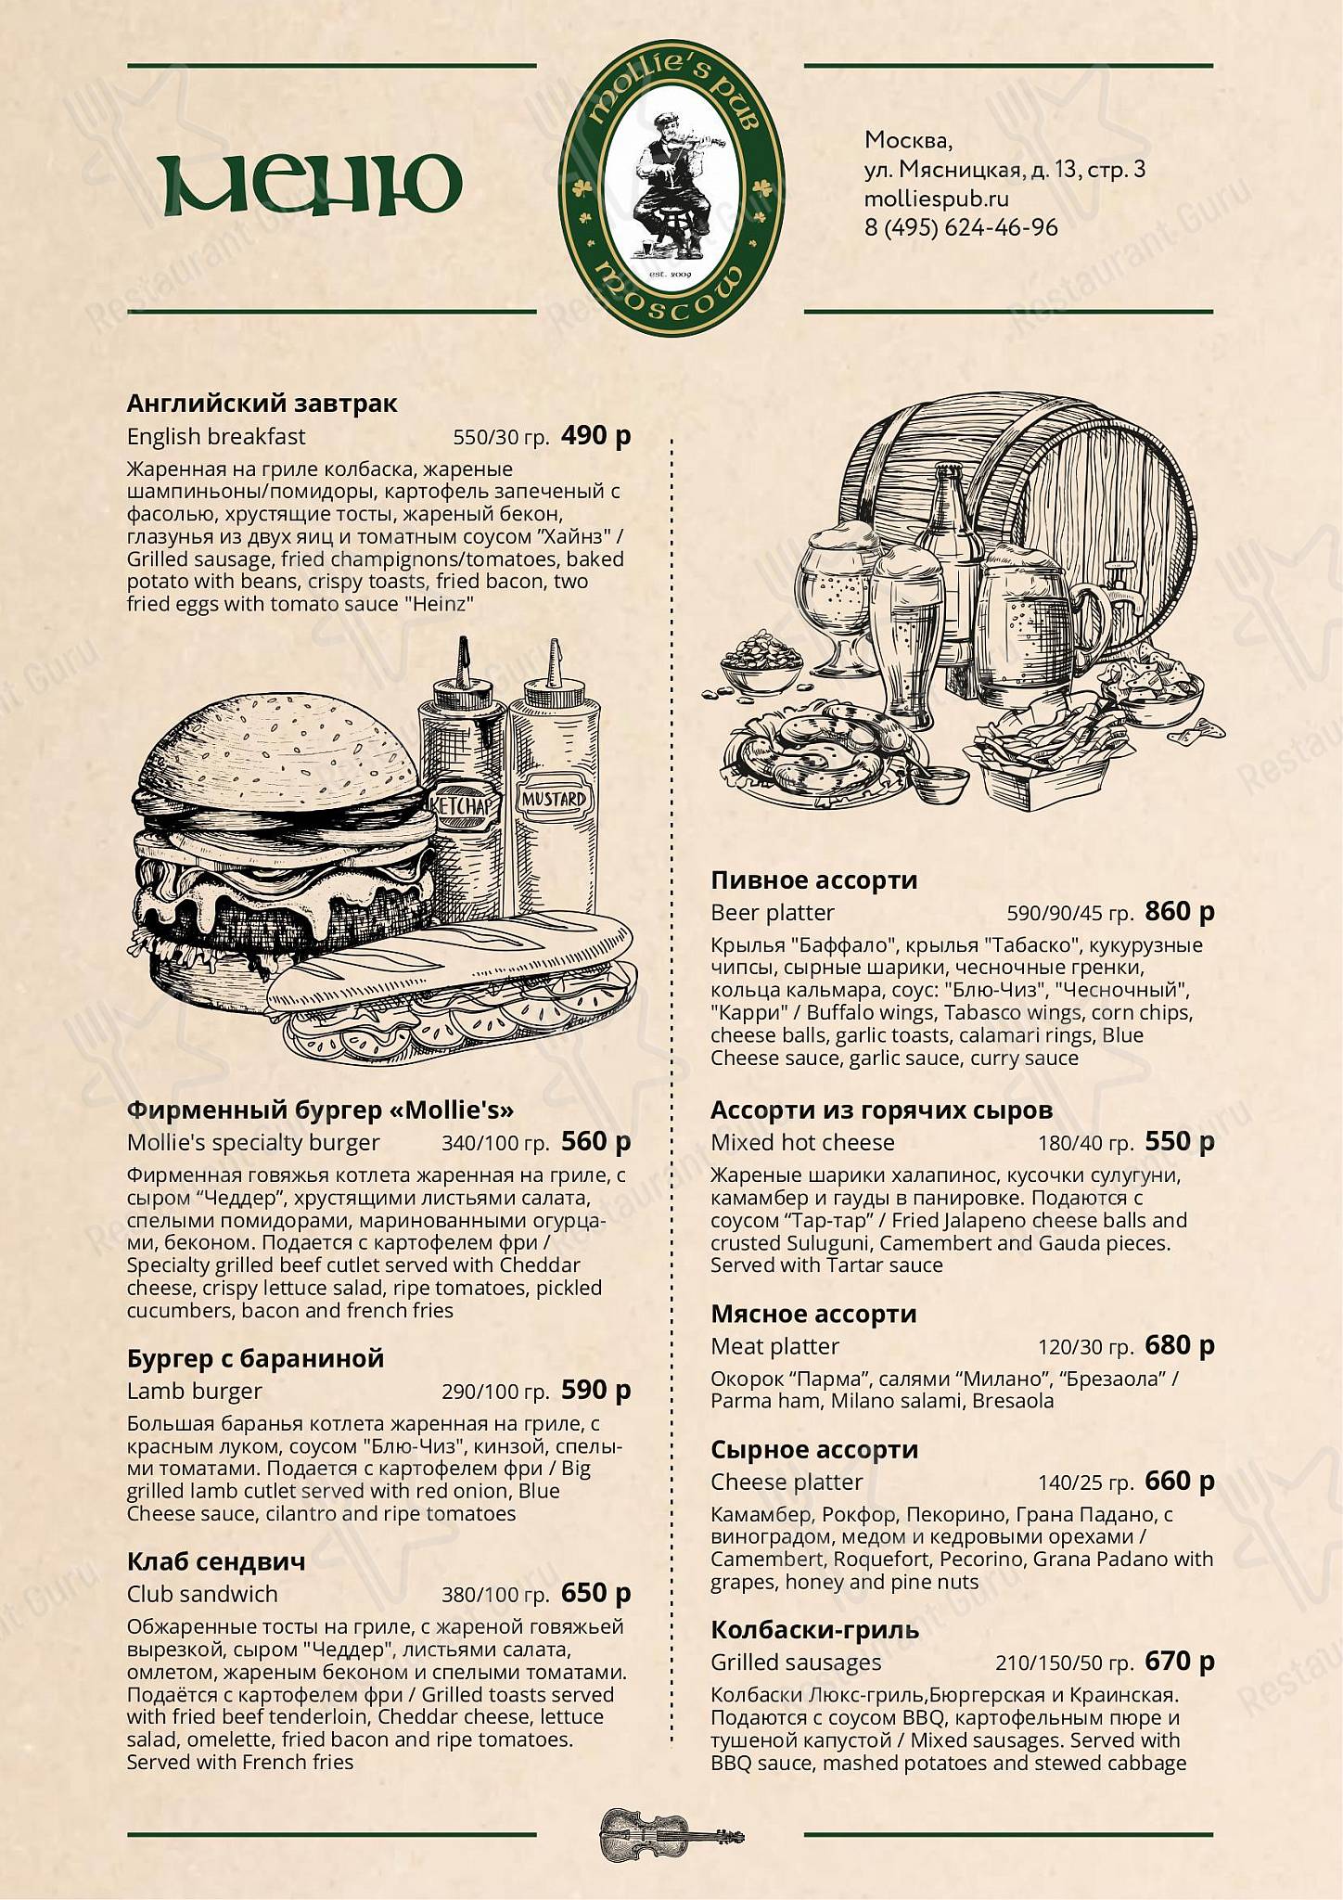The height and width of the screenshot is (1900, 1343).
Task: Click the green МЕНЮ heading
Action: (309, 185)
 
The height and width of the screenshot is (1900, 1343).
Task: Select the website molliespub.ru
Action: (937, 199)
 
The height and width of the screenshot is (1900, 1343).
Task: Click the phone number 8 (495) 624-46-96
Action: (961, 227)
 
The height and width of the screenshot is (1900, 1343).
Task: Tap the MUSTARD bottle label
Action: (554, 799)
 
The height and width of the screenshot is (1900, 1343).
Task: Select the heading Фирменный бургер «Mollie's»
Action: (320, 1110)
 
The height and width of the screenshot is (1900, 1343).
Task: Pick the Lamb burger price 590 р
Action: (596, 1389)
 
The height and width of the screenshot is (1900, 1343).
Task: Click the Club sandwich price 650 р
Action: (596, 1592)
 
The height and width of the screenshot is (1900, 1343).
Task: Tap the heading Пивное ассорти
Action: (814, 879)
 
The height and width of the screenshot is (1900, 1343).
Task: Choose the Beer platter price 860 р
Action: (1180, 911)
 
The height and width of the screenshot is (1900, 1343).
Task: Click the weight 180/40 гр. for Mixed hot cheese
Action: (1086, 1143)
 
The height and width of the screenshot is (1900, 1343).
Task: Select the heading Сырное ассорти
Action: (814, 1449)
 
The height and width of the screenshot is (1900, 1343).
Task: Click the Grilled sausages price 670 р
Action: (1180, 1661)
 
